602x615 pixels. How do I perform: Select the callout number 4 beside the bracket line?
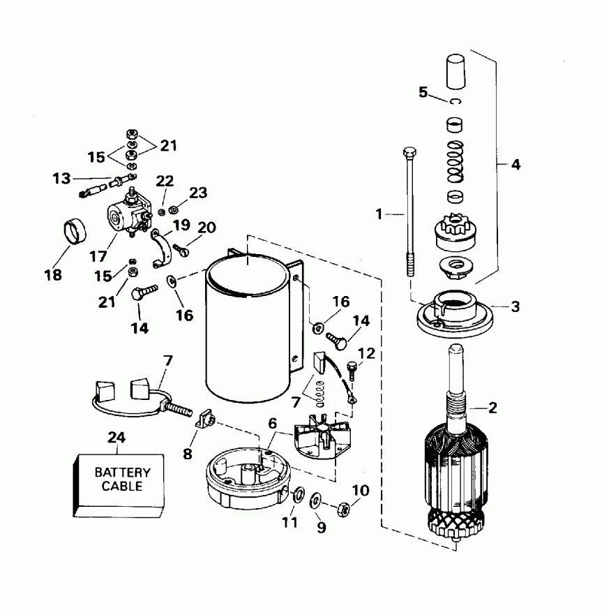pyautogui.click(x=515, y=165)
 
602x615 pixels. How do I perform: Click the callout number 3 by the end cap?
pyautogui.click(x=516, y=306)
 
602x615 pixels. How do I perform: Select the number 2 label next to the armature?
pyautogui.click(x=492, y=408)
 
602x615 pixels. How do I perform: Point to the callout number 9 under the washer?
pyautogui.click(x=322, y=528)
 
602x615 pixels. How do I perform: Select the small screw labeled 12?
pyautogui.click(x=351, y=366)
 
